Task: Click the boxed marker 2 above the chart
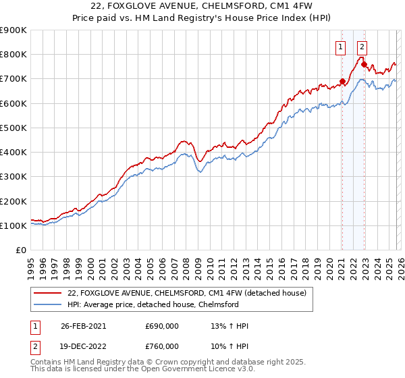point(362,47)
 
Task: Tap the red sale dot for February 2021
point(342,82)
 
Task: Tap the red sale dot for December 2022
point(364,65)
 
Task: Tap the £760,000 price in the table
point(162,346)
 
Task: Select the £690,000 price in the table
point(162,326)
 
